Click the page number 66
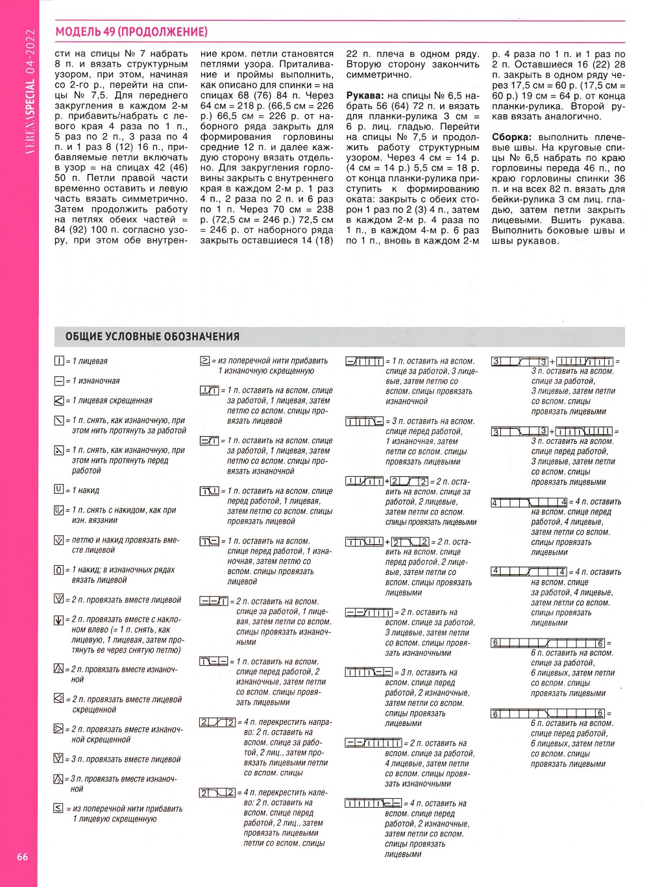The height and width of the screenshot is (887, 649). tap(22, 857)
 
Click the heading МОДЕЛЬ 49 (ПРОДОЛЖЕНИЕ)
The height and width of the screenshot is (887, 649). tap(131, 32)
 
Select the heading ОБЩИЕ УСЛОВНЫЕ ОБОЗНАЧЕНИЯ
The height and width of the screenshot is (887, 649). tap(153, 337)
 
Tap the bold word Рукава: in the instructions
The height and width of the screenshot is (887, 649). tap(365, 95)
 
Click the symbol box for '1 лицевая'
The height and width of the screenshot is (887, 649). tap(59, 361)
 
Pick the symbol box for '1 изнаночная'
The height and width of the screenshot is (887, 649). tap(59, 381)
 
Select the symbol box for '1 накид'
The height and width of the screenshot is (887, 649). tap(59, 490)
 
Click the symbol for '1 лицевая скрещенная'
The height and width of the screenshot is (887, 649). tap(59, 401)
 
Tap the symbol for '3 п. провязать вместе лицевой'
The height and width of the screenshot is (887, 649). tap(59, 759)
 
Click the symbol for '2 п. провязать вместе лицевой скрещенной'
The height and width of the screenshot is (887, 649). tap(59, 699)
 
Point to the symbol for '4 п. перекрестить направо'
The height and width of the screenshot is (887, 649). tap(217, 722)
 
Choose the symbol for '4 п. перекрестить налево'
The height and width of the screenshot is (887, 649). tap(217, 793)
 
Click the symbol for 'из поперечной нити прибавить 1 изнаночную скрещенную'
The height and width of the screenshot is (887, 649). tap(205, 361)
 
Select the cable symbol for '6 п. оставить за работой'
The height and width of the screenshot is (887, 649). tap(548, 642)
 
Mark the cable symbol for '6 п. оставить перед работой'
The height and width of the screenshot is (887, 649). tap(548, 713)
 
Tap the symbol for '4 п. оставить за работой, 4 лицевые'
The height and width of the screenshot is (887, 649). tap(529, 572)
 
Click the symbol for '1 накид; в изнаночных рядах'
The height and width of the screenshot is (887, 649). tap(59, 570)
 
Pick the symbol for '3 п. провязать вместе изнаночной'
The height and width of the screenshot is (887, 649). tap(59, 779)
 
